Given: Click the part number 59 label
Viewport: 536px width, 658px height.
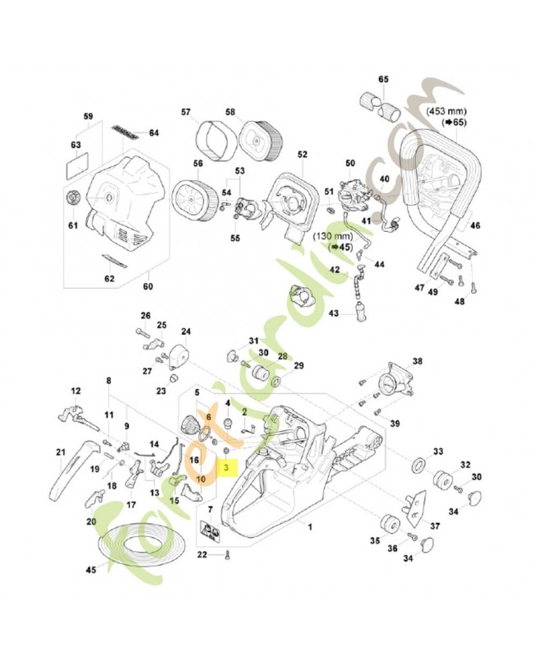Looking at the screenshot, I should [88, 116].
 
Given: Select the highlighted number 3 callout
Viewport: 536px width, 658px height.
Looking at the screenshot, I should [226, 466].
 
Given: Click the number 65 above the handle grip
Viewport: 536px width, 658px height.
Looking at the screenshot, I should [383, 80].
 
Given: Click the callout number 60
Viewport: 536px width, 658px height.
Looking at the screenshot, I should [149, 287].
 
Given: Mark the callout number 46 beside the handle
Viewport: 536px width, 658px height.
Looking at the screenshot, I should [475, 225].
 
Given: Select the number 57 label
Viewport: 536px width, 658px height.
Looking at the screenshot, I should [186, 112].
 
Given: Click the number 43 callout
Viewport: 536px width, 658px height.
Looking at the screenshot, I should [334, 313].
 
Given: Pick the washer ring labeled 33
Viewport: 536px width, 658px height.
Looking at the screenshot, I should [418, 466].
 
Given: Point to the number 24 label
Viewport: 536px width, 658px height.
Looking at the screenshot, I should [186, 331].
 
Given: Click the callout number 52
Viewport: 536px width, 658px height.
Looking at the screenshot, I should [302, 154].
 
